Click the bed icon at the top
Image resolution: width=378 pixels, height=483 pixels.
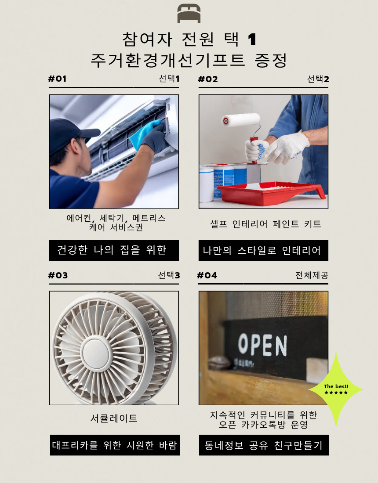coord(189,14)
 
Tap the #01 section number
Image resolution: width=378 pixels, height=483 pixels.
coord(57,79)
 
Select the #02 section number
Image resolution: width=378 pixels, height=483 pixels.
coord(208,79)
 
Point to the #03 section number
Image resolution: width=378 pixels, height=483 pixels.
coord(58,275)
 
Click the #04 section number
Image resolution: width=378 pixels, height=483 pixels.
coord(207,275)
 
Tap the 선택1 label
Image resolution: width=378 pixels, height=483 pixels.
coord(169,79)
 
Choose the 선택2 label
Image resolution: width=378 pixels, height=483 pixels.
coord(318,79)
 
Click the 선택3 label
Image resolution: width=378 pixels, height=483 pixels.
coord(169,275)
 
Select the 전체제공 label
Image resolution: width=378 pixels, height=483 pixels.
coord(312,275)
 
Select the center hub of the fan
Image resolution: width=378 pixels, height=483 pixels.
coord(98,352)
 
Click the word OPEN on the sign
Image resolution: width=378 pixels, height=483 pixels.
coord(262,345)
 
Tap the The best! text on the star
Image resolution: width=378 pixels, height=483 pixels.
coord(336,386)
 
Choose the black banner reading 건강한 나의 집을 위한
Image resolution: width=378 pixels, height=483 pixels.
coord(114,250)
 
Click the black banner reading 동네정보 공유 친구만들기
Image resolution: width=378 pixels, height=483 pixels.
coord(264,445)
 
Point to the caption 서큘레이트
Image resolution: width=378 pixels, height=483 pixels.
coord(114,418)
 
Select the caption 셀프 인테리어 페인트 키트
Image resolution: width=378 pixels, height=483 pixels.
coord(265,224)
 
